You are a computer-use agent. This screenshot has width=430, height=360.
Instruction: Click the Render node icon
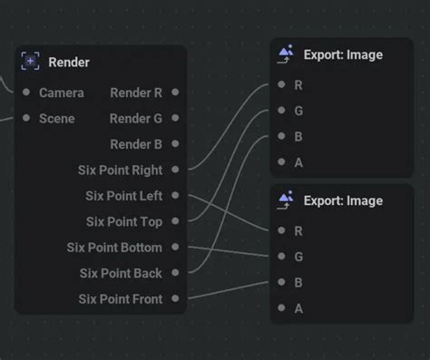click(31, 62)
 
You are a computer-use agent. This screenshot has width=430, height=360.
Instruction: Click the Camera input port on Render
click(26, 92)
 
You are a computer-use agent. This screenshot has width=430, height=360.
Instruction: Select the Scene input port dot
click(26, 118)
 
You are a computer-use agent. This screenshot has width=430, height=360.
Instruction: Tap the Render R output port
click(175, 92)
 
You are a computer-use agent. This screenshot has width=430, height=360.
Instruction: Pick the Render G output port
click(175, 118)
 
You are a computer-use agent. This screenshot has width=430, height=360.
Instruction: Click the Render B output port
click(175, 143)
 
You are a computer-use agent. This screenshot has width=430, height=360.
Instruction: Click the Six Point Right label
click(121, 170)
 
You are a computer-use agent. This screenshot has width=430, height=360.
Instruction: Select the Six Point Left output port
click(175, 195)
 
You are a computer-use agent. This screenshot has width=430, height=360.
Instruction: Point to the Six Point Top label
click(124, 221)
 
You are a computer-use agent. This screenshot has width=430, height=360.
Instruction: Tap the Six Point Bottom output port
click(175, 247)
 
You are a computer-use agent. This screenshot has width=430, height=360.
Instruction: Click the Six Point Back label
click(121, 273)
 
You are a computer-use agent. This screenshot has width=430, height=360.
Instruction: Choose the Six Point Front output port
click(175, 298)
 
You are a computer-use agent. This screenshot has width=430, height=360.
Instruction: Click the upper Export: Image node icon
click(286, 54)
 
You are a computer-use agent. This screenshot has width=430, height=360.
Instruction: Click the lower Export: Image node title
click(343, 200)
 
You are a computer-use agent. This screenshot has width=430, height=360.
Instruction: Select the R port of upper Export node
click(282, 85)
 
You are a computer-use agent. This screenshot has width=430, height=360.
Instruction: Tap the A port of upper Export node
click(282, 162)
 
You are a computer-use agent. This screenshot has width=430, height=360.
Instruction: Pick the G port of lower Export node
click(282, 257)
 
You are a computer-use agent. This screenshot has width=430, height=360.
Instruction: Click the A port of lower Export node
click(282, 308)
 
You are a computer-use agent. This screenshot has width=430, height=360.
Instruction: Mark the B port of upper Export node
click(282, 137)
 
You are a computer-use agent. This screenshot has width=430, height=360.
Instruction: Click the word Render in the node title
click(69, 62)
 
